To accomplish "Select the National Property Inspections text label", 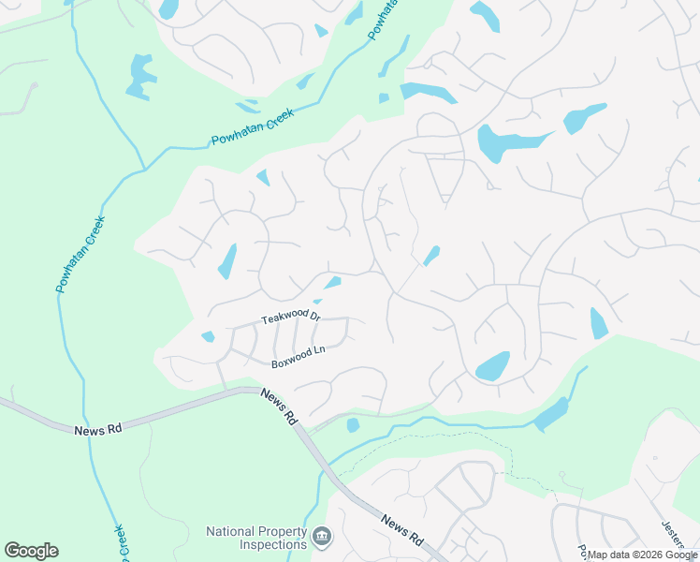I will point(256,538).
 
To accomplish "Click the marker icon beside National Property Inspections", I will point(322,536).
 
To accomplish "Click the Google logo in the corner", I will point(31,551).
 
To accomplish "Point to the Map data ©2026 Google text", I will point(642,555).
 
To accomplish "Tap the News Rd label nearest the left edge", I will point(97,429).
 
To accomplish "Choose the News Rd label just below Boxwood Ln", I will point(279,408).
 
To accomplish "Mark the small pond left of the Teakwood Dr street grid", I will point(208,337).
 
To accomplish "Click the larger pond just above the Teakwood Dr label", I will point(332,282).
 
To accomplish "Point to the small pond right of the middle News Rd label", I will point(353,425).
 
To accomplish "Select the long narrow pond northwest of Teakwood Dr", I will point(227,261).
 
